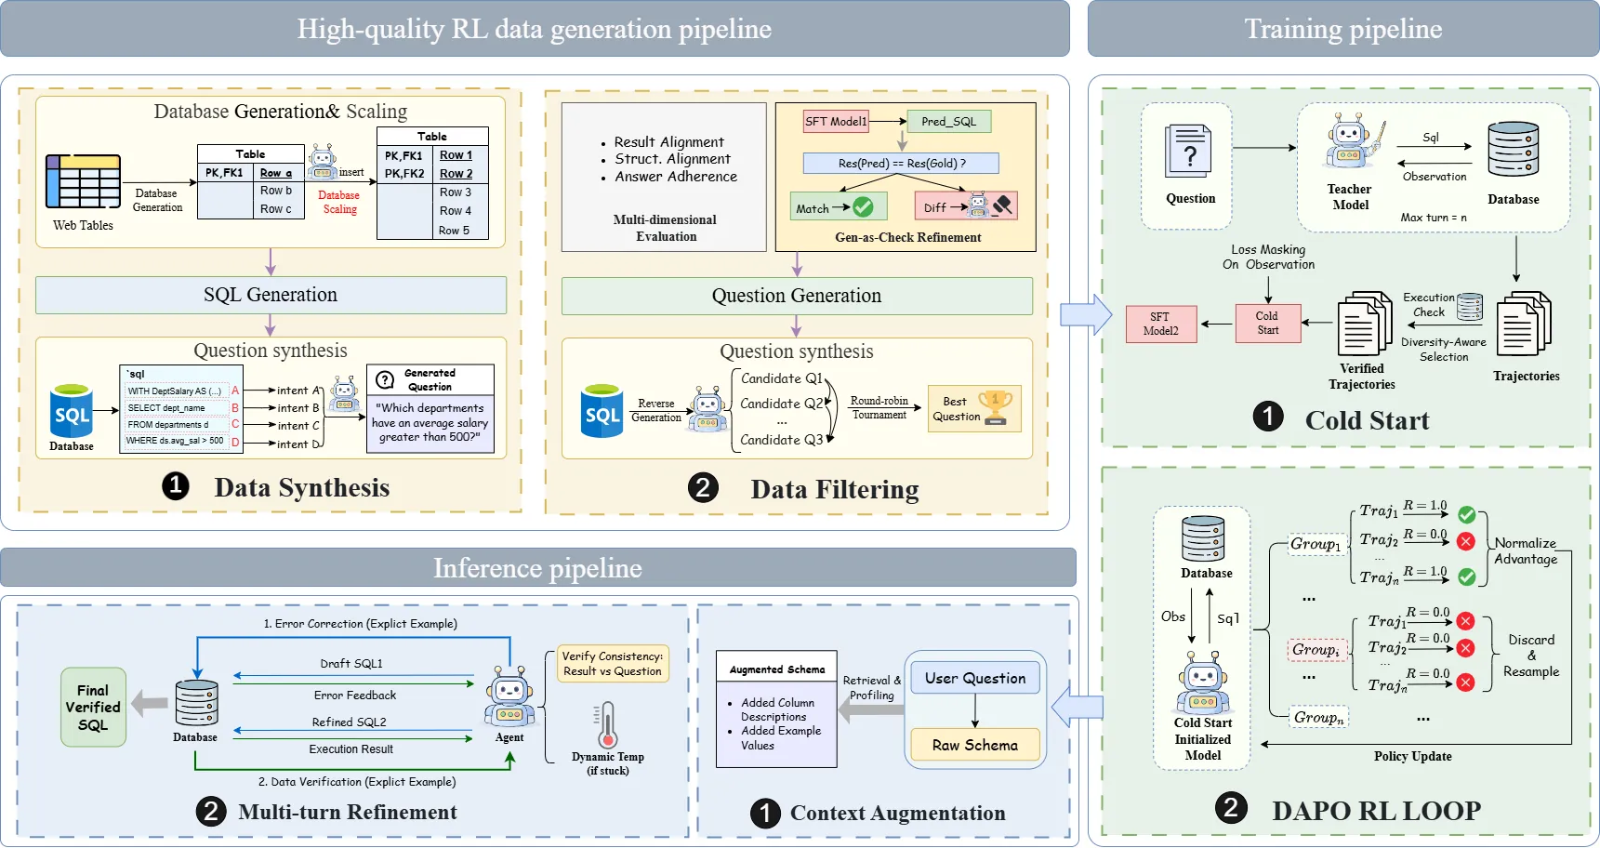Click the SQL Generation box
pyautogui.click(x=271, y=295)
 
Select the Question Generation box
pyautogui.click(x=797, y=296)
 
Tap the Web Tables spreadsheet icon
pyautogui.click(x=83, y=181)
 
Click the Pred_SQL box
pyautogui.click(x=948, y=121)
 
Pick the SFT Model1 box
pyautogui.click(x=836, y=121)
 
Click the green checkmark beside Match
pyautogui.click(x=863, y=206)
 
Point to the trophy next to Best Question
pyautogui.click(x=996, y=407)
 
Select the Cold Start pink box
pyautogui.click(x=1267, y=323)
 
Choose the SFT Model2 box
pyautogui.click(x=1160, y=324)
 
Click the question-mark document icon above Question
pyautogui.click(x=1188, y=151)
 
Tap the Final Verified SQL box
pyautogui.click(x=93, y=708)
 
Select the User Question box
pyautogui.click(x=975, y=678)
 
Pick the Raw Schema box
pyautogui.click(x=975, y=745)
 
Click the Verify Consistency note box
pyautogui.click(x=612, y=664)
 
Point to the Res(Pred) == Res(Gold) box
pyautogui.click(x=901, y=164)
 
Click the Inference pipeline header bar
pyautogui.click(x=537, y=567)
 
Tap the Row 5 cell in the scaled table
pyautogui.click(x=455, y=230)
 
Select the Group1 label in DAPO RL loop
pyautogui.click(x=1316, y=544)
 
